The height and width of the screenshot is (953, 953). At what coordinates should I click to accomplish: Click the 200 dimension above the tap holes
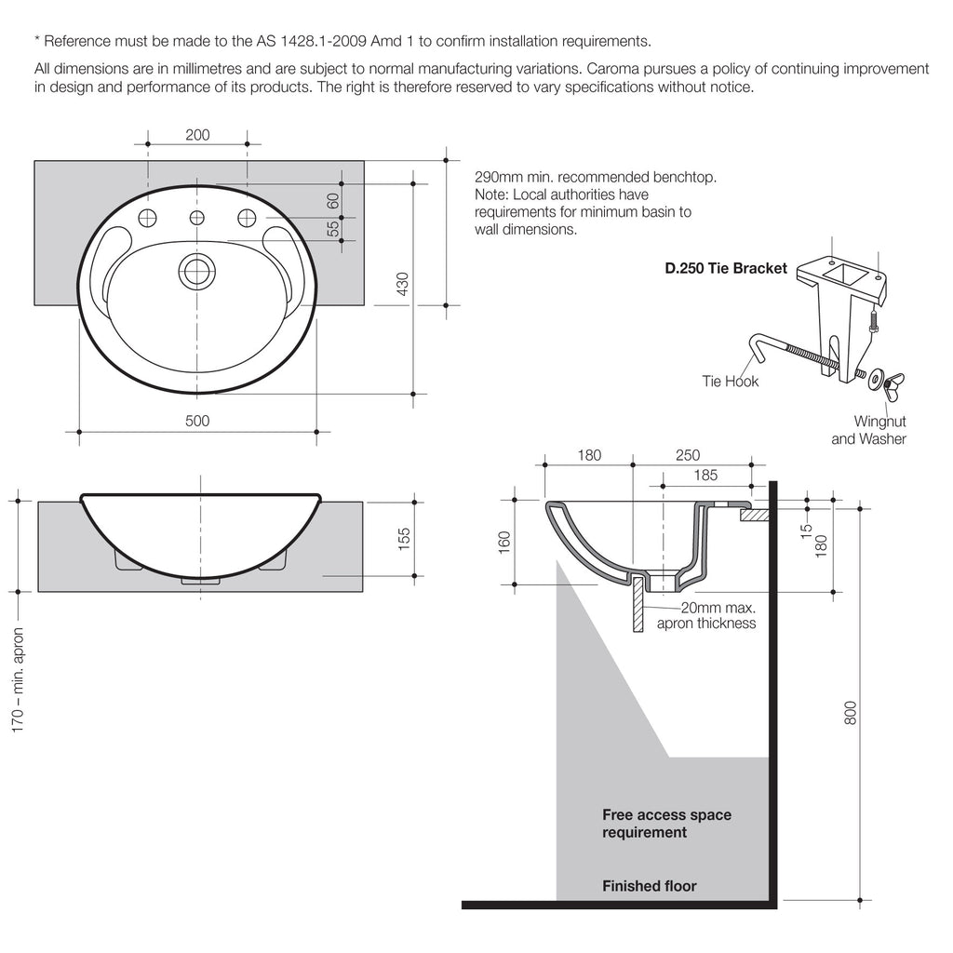click(x=197, y=135)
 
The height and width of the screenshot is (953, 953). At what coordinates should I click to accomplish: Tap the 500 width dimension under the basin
click(x=197, y=421)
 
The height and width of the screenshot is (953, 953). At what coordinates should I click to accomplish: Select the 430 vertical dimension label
click(x=403, y=283)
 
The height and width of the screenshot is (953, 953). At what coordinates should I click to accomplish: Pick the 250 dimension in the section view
click(x=688, y=455)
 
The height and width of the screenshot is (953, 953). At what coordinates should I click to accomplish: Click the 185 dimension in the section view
click(x=705, y=475)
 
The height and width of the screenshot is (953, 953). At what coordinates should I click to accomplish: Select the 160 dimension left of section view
click(x=504, y=542)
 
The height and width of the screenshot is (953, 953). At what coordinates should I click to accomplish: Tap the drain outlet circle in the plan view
click(x=196, y=271)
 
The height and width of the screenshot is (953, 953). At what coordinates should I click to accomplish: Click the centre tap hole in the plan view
click(x=196, y=218)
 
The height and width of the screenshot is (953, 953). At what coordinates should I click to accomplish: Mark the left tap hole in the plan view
click(x=147, y=218)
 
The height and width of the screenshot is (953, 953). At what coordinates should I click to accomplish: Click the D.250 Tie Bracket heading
click(x=725, y=268)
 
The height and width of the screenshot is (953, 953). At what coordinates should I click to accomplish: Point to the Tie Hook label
click(x=731, y=381)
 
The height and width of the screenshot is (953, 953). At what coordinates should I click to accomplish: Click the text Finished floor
click(x=649, y=886)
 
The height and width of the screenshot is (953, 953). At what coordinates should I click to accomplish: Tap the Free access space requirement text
click(x=666, y=824)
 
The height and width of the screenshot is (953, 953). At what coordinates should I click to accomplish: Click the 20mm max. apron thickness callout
click(x=706, y=614)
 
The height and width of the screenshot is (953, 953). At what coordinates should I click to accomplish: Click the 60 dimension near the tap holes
click(x=332, y=201)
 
